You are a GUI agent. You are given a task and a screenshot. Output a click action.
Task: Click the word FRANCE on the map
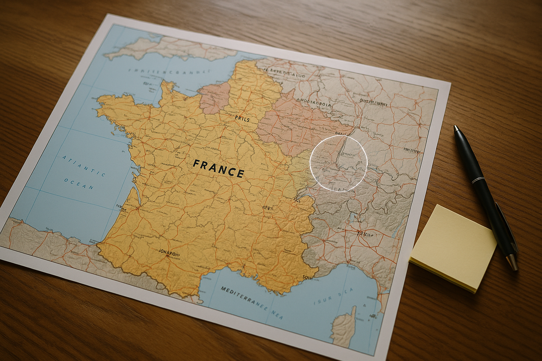coord(219,168)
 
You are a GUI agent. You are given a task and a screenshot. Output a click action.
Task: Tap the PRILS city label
coord(242,120)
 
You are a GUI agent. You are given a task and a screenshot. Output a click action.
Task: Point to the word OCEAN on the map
coord(79,184)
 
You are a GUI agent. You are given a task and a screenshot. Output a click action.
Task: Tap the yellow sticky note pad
coord(453,247)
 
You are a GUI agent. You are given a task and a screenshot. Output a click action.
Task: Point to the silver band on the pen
coord(478,181)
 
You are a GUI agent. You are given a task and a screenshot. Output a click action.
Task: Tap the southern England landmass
coord(169,46)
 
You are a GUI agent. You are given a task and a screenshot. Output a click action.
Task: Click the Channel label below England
coord(168,72)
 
